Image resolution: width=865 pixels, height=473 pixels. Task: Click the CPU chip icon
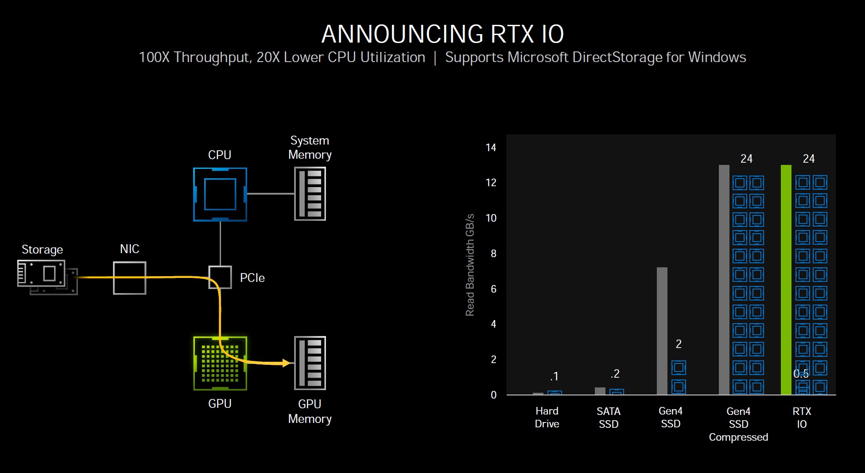220,194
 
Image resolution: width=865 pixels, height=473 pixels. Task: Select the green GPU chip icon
220,364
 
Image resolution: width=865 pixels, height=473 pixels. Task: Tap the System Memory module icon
310,194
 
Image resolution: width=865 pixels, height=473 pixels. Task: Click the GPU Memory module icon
310,363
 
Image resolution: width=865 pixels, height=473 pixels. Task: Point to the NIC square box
129,278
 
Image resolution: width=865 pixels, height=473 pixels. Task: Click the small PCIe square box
220,278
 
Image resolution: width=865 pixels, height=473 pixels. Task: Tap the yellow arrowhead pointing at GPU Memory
286,363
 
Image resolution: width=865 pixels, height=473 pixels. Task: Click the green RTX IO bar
786,279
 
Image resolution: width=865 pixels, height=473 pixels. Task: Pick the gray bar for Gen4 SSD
662,331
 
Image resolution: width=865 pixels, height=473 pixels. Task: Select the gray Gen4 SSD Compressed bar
724,279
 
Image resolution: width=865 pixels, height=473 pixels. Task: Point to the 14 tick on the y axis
491,148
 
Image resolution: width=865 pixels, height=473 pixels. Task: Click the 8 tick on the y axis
493,254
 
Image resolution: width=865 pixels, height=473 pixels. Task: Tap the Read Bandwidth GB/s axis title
470,265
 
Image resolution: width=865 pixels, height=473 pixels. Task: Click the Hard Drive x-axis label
547,417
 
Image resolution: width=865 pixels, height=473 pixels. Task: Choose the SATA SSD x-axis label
609,418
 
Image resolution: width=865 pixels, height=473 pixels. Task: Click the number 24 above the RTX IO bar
808,159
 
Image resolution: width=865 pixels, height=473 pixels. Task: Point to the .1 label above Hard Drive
554,377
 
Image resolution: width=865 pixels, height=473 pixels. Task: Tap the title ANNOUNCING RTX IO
442,34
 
